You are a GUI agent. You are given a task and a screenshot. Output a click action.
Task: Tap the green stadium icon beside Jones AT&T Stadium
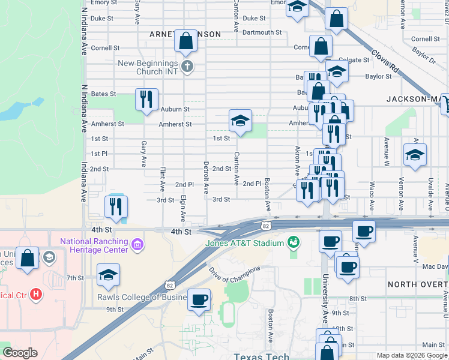(x=294, y=242)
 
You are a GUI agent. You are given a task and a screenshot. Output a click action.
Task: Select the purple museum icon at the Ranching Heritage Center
(x=138, y=245)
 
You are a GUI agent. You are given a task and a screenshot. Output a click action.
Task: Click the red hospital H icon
(x=37, y=294)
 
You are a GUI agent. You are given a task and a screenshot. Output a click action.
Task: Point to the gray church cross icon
(x=187, y=65)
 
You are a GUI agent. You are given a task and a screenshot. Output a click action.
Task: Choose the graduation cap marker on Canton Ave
(x=240, y=121)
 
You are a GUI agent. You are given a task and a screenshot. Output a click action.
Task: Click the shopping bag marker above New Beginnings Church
(x=186, y=41)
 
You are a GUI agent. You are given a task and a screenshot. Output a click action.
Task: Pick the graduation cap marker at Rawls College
(x=109, y=275)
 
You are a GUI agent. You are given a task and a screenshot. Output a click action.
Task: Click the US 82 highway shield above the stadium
(x=265, y=226)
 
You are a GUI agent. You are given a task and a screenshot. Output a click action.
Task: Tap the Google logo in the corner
(x=20, y=353)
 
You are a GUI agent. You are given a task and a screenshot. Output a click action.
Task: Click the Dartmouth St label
(x=262, y=32)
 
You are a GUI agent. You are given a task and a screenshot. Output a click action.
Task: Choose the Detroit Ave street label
(x=206, y=176)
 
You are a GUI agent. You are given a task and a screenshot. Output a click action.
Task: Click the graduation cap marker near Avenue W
(x=415, y=155)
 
